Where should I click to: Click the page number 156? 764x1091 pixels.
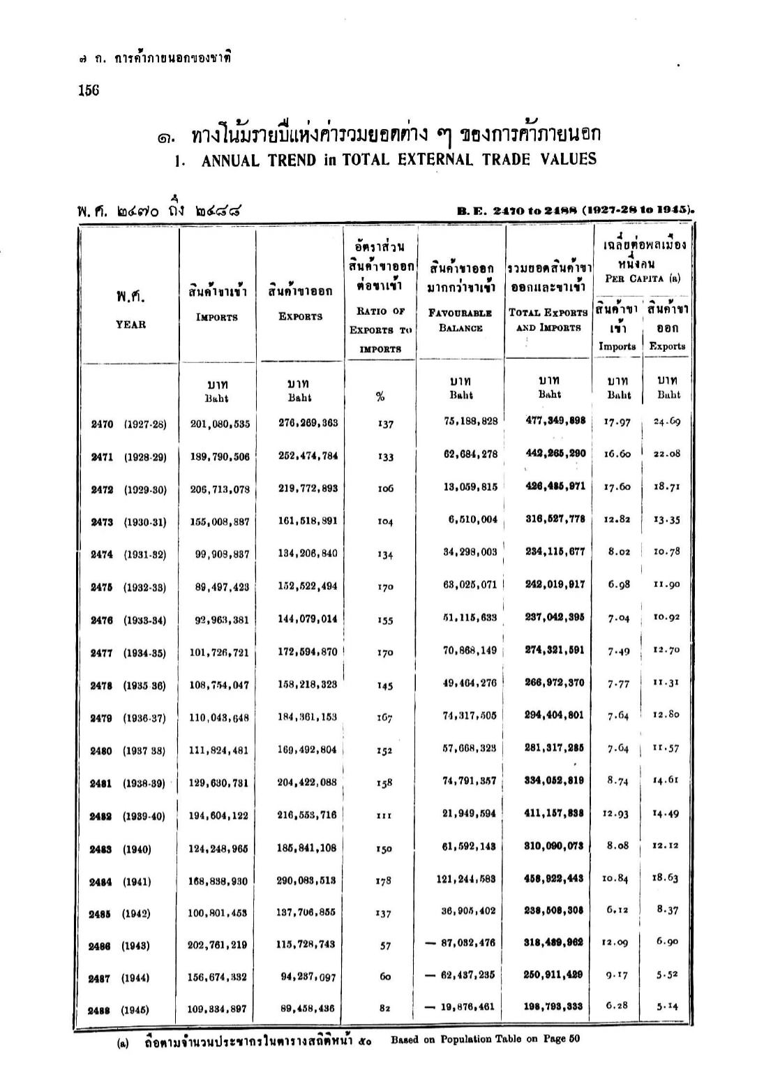tap(89, 91)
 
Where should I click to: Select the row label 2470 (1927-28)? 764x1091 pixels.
tap(129, 424)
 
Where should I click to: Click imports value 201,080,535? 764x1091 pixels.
tap(219, 424)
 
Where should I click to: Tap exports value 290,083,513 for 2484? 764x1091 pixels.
tap(307, 881)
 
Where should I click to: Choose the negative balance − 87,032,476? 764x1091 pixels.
tap(461, 943)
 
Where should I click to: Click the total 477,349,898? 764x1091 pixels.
tap(555, 420)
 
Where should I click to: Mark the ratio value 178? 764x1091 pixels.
tap(383, 882)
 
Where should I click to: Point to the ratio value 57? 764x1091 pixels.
tap(384, 946)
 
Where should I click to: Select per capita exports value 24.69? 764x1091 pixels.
tap(666, 421)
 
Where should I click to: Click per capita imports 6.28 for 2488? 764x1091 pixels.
tap(617, 1006)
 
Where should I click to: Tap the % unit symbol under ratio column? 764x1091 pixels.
tap(380, 397)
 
